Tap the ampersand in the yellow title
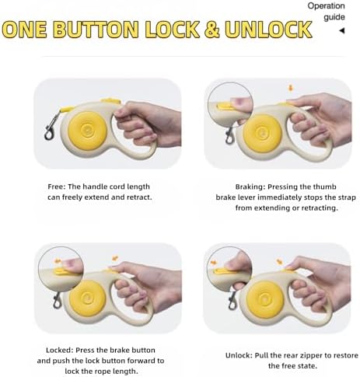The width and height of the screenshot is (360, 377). (x=211, y=29)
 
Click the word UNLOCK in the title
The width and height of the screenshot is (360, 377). (x=268, y=29)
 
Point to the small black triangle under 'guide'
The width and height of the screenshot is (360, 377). (x=342, y=31)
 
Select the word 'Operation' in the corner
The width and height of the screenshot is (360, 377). (x=326, y=6)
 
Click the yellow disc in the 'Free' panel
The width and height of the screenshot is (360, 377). (x=87, y=131)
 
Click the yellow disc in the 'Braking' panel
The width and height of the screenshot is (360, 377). (x=263, y=133)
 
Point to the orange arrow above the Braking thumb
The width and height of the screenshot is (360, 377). (x=291, y=88)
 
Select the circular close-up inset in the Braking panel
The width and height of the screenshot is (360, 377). (x=230, y=105)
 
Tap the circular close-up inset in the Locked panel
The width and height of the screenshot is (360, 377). (x=61, y=270)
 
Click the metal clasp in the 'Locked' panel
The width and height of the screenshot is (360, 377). (x=58, y=301)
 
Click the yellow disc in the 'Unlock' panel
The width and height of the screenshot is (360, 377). (x=265, y=299)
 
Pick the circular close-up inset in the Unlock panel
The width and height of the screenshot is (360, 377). (x=229, y=269)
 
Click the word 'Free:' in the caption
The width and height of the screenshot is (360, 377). (x=57, y=187)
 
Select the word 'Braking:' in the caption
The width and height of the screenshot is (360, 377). (x=250, y=187)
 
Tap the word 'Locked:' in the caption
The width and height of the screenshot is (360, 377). (x=60, y=351)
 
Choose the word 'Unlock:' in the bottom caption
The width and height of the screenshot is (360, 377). (x=239, y=355)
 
